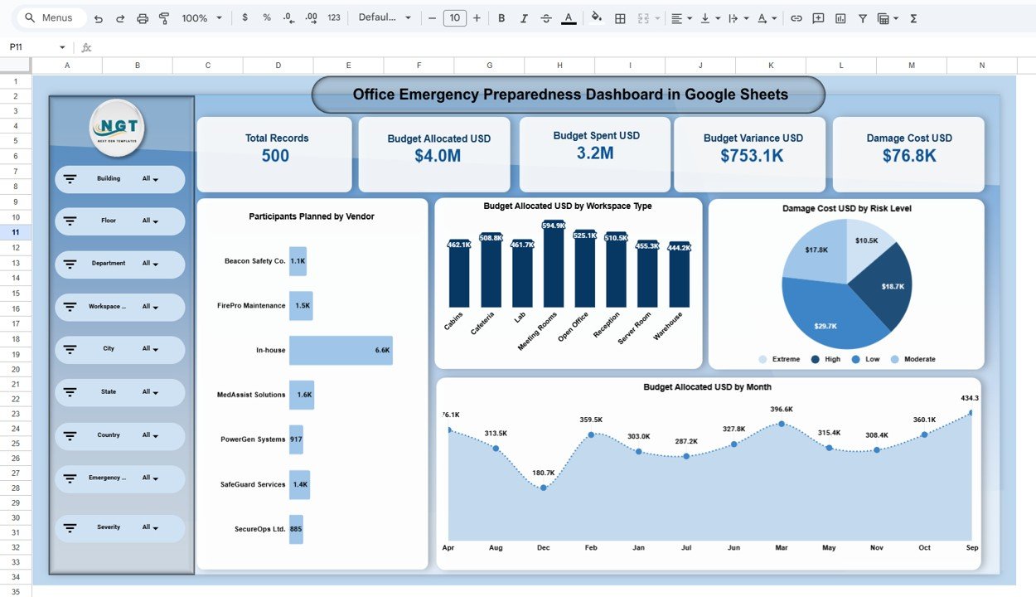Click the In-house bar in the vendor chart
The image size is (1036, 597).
click(340, 350)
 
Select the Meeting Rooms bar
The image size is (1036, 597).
click(554, 265)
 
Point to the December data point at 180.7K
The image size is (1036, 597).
click(543, 488)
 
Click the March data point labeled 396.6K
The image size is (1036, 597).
click(782, 424)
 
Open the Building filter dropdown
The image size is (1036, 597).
click(150, 179)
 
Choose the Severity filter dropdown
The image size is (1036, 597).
click(150, 527)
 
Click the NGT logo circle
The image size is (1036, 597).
click(117, 128)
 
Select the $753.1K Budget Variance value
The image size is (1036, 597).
click(752, 156)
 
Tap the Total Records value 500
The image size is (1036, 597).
click(275, 156)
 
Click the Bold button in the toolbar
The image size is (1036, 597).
click(501, 18)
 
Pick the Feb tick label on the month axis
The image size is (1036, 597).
click(591, 548)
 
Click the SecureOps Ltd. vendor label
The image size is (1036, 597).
click(254, 529)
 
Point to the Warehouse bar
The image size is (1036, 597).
click(680, 278)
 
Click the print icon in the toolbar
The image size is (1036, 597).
click(143, 18)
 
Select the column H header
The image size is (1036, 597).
click(559, 66)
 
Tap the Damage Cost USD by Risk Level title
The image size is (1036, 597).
click(846, 209)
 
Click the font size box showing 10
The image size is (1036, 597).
click(454, 18)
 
